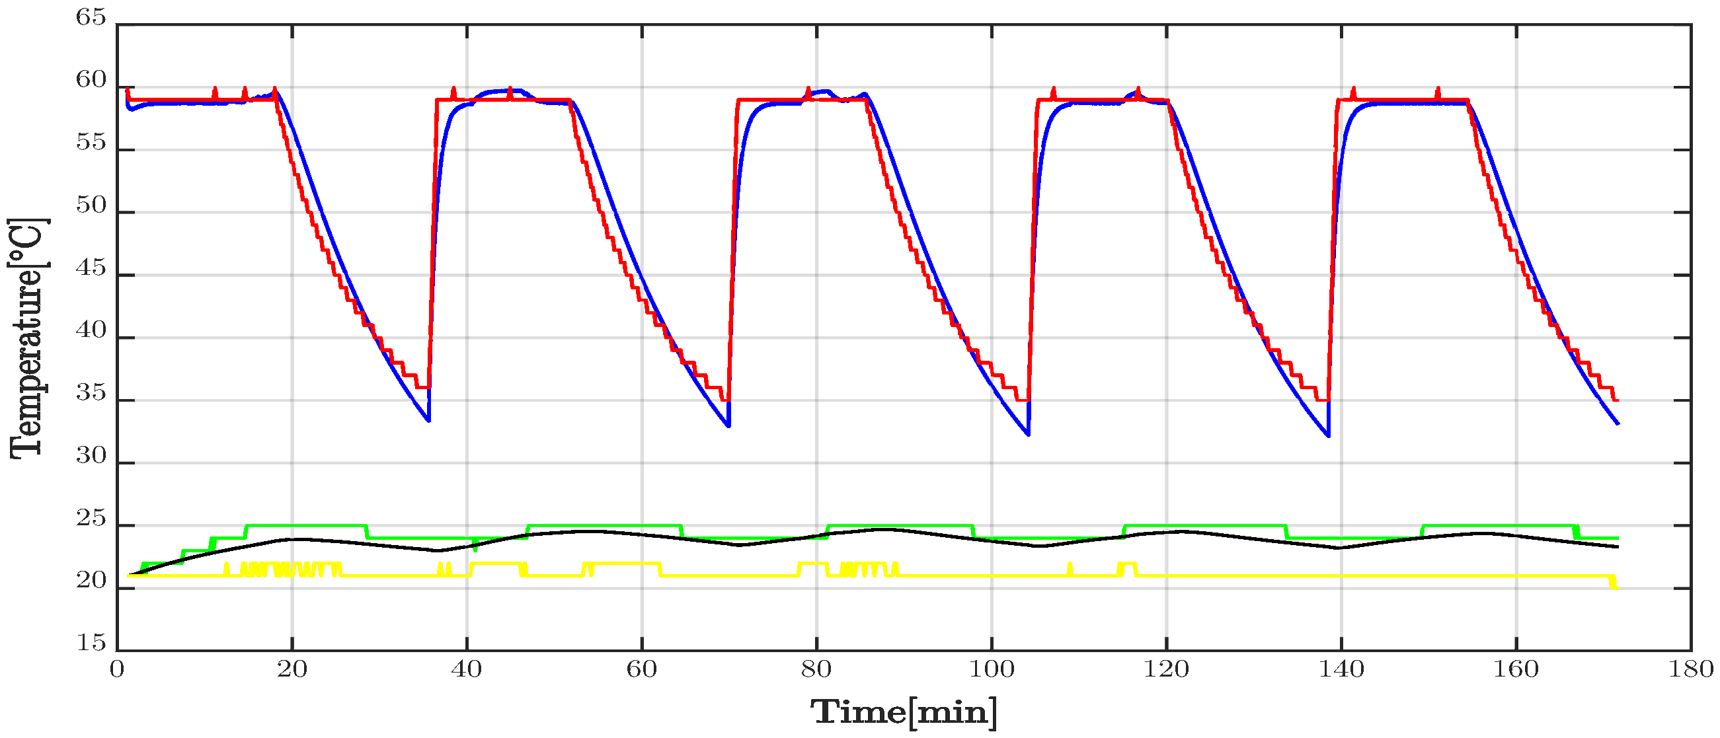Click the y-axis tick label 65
(91, 17)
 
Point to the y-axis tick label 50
(91, 205)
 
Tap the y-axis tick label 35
(91, 394)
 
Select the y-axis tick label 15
(91, 644)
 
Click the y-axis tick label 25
(91, 519)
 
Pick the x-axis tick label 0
(117, 669)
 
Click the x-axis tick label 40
(467, 669)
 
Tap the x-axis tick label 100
(992, 669)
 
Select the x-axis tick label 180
(1691, 669)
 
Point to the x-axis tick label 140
(1341, 669)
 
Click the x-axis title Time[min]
(904, 713)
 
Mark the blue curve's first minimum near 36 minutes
(428, 421)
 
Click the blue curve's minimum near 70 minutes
(728, 425)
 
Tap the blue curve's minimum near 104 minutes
(1029, 435)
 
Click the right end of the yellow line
(1617, 588)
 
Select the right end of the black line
(1618, 547)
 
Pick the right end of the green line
(1618, 538)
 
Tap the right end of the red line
(1618, 400)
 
